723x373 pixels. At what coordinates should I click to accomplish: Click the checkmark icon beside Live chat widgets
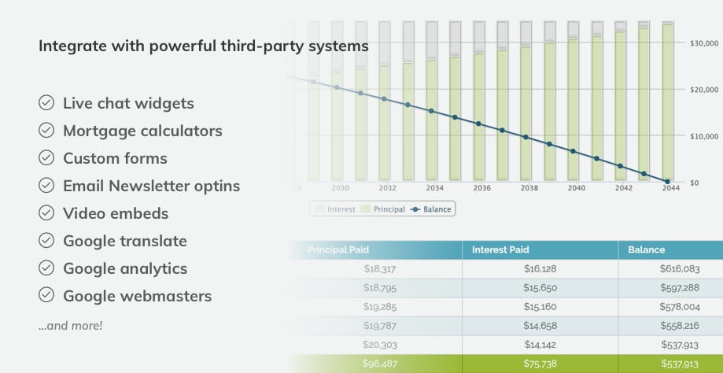pos(46,103)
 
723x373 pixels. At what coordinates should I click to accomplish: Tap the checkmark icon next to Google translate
pos(46,241)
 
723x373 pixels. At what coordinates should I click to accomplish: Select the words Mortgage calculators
pos(142,131)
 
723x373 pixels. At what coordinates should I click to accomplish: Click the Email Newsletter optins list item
pos(151,186)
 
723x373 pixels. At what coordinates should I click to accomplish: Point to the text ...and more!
pos(70,324)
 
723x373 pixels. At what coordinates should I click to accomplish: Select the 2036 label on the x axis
pos(481,189)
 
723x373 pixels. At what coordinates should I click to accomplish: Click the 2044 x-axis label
pos(670,189)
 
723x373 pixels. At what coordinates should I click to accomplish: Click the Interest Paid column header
pos(500,250)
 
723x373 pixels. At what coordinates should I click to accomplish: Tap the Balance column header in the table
pos(646,250)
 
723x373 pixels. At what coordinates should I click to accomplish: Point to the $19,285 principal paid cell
pos(380,307)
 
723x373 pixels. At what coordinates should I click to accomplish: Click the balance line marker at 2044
pos(668,182)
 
